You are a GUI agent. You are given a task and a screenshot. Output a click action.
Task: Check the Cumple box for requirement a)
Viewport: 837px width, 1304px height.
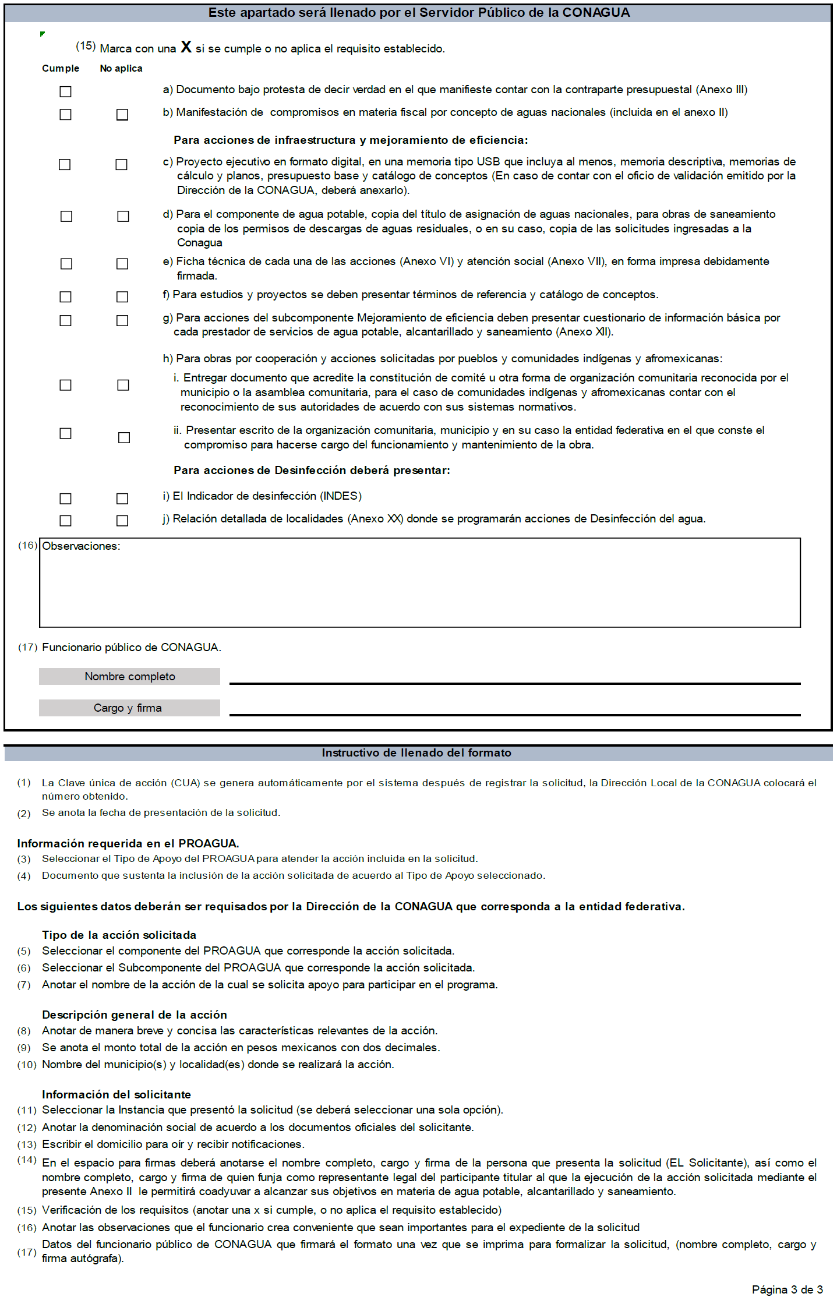pyautogui.click(x=66, y=91)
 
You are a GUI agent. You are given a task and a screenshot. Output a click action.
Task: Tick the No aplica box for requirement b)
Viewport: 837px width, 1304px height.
pyautogui.click(x=122, y=115)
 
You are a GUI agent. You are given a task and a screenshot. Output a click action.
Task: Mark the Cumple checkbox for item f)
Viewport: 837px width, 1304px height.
pyautogui.click(x=66, y=297)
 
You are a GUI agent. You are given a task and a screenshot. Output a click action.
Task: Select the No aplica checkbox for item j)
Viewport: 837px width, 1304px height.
pyautogui.click(x=122, y=521)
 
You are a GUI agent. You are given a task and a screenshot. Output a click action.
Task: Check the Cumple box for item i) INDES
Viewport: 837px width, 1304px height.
pyautogui.click(x=66, y=499)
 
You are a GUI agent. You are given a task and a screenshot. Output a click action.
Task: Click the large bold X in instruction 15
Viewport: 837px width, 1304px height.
pyautogui.click(x=186, y=47)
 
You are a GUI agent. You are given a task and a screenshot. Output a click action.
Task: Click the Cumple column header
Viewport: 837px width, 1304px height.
pyautogui.click(x=61, y=68)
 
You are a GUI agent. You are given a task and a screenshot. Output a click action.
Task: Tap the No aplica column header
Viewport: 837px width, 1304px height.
pyautogui.click(x=121, y=68)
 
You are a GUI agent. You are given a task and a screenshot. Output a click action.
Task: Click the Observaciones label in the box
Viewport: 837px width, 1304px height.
pyautogui.click(x=81, y=546)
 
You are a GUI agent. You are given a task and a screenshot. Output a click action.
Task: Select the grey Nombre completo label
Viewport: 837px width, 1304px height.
pyautogui.click(x=129, y=676)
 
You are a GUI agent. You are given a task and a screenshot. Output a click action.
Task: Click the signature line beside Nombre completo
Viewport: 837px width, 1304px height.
pyautogui.click(x=515, y=683)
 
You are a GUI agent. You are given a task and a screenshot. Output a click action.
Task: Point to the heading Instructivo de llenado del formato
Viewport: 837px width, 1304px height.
pyautogui.click(x=416, y=753)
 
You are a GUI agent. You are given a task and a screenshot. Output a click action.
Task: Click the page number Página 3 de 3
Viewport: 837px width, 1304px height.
pyautogui.click(x=787, y=1289)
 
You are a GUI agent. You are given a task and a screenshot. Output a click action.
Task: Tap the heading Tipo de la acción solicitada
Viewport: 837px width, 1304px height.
pyautogui.click(x=119, y=935)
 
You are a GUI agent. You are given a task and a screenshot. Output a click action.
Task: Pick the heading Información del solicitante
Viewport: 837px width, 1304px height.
pyautogui.click(x=116, y=1094)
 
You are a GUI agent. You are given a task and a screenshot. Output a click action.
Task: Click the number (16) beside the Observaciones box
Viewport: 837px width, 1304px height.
pyautogui.click(x=27, y=545)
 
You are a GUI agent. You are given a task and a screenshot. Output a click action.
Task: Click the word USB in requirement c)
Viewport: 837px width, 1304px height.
pyautogui.click(x=488, y=162)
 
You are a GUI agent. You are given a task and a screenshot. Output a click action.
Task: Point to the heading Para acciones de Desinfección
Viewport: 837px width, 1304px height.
pyautogui.click(x=312, y=471)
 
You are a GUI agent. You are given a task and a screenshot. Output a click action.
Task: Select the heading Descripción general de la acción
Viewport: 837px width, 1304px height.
pyautogui.click(x=135, y=1015)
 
